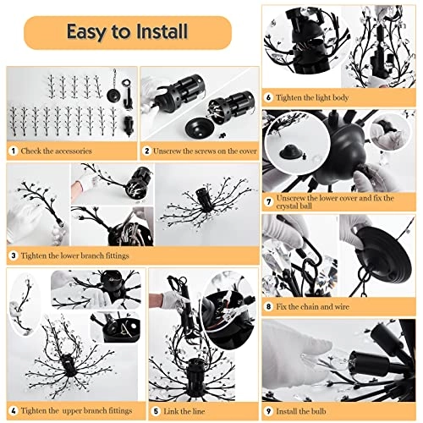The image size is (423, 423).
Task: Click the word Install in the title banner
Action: coord(162,31)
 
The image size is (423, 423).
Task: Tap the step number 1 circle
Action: coord(13,151)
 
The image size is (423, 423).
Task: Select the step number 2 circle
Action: coord(146,151)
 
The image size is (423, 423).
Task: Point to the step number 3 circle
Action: coord(13,256)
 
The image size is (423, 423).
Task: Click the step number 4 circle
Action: coord(13,411)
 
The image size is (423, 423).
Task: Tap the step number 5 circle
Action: coord(156,411)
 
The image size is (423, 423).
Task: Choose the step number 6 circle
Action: coord(268,97)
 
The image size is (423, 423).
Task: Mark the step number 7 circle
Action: coord(268,202)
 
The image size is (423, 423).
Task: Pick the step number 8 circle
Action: coord(268,307)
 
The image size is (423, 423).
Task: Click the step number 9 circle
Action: coord(268,411)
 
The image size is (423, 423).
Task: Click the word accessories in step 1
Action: coord(74,151)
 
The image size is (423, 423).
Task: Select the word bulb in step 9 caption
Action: coord(318,411)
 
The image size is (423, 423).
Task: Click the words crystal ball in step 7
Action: coord(294,206)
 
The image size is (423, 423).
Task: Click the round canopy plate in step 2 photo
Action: coord(201,128)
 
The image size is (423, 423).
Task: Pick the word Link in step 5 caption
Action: coord(171,411)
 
